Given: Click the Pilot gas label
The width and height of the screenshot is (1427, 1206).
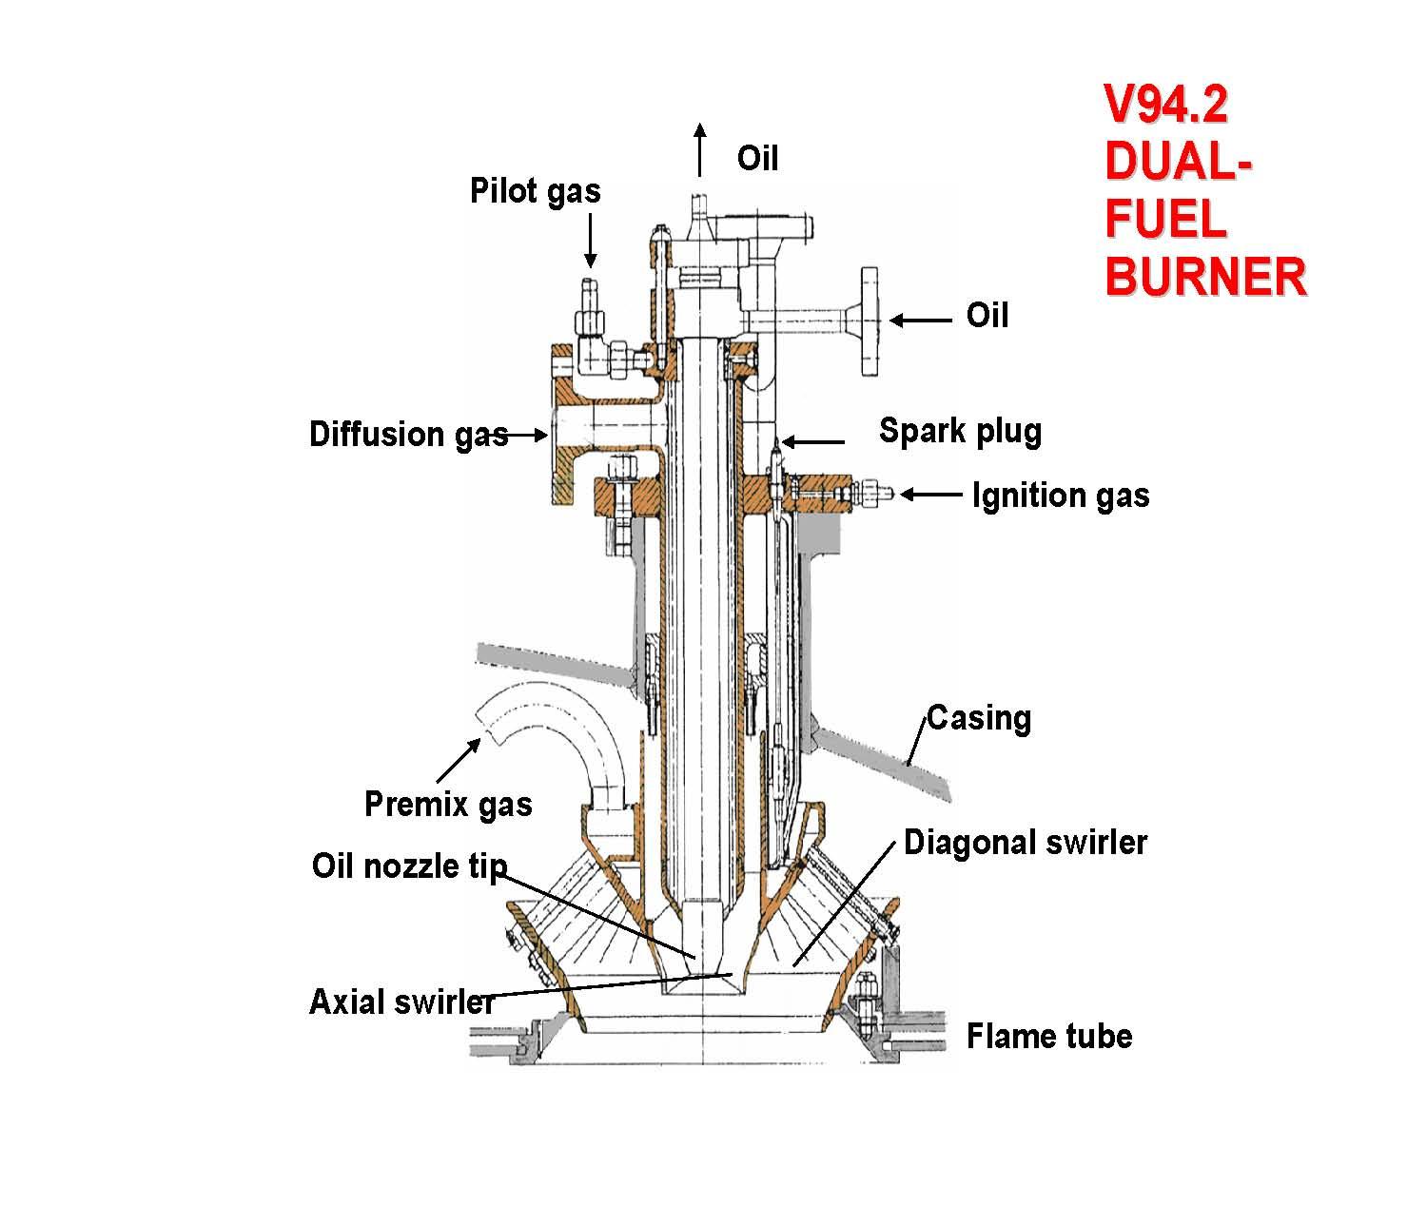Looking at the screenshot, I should pos(536,191).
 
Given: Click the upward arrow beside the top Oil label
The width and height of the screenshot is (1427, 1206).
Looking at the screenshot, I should pos(700,150).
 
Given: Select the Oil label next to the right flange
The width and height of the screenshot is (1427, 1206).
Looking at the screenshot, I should pos(987,315).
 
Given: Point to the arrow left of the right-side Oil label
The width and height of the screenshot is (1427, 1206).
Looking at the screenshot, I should pos(920,321).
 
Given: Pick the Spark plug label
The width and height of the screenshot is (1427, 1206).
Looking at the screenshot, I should pos(960,431).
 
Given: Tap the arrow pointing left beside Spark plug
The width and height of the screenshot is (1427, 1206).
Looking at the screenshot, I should pos(813,441).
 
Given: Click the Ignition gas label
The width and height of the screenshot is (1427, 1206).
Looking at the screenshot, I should pos(1061,496).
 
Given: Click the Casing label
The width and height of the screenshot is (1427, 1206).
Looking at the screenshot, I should pos(979,717).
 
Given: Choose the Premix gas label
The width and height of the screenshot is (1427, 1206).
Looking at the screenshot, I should pos(448,805).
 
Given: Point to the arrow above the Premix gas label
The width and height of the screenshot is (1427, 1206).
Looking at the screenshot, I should pos(458,760).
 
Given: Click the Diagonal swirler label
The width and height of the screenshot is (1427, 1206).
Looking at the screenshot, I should pos(1026,843).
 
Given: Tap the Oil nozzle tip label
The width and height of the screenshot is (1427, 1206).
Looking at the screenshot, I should pos(409,866).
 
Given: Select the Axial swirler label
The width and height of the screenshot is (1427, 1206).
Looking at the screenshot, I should pos(402,1002).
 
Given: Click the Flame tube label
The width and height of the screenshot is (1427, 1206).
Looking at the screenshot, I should pos(1049,1036).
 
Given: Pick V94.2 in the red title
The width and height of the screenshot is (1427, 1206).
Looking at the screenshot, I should pos(1165,106).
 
